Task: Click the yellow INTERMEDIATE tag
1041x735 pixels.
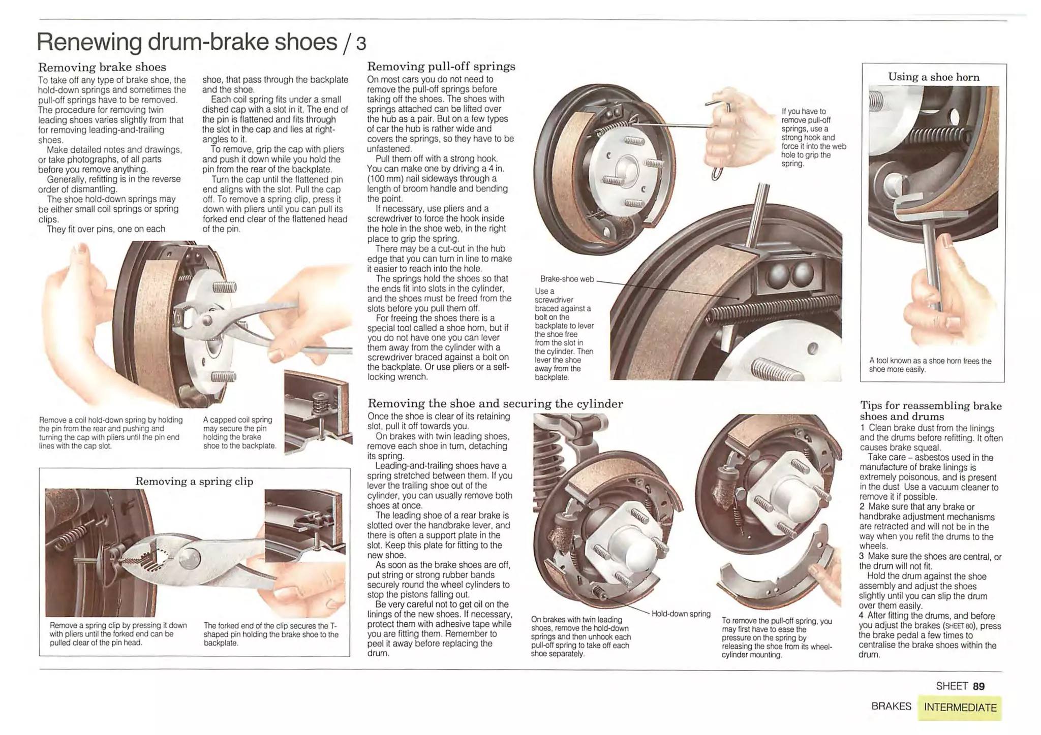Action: tap(960, 708)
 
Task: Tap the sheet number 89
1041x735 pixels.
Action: tap(978, 686)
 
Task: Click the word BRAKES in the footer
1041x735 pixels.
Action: tap(891, 707)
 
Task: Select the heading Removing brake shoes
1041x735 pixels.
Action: tap(102, 67)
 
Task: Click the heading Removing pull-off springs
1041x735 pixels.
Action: tap(441, 67)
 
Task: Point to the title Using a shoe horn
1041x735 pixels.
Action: tap(934, 77)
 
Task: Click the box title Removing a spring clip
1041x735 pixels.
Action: tap(194, 482)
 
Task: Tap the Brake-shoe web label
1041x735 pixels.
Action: tap(567, 279)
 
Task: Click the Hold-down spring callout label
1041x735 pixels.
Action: tap(681, 614)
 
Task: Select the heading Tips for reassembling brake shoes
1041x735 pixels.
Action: tap(931, 411)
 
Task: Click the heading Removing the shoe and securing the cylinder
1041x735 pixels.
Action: tap(495, 404)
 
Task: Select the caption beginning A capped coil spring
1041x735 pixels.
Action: tap(239, 433)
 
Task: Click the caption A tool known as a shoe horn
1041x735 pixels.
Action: tap(930, 365)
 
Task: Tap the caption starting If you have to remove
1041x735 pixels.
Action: tap(814, 138)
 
